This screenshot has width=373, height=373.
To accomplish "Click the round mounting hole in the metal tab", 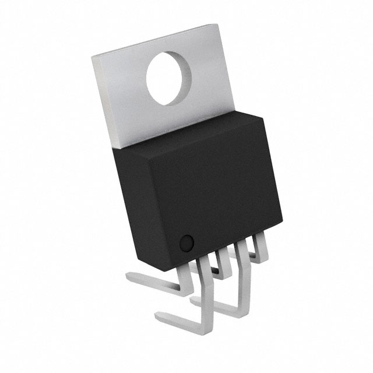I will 170,78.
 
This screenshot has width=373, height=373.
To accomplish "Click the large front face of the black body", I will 216,192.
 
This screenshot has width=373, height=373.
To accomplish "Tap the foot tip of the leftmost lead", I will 129,279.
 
